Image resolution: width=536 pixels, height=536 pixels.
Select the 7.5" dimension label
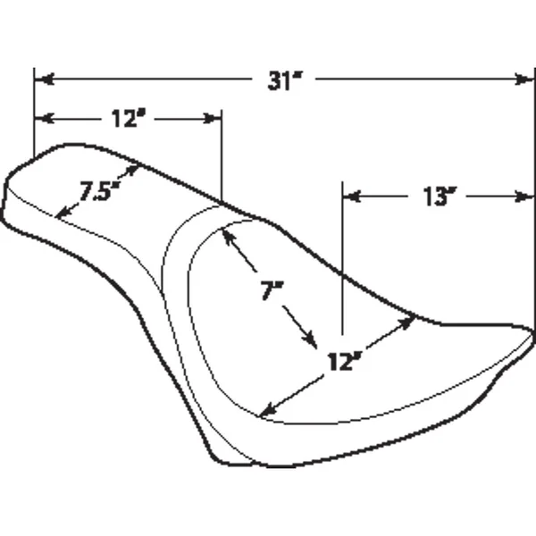[98, 190]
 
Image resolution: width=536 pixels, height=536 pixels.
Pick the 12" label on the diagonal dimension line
[344, 362]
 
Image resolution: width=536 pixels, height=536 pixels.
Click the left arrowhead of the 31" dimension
[41, 80]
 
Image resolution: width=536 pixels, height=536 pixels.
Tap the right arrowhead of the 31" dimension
[528, 80]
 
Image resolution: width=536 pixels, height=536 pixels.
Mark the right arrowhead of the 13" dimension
[528, 196]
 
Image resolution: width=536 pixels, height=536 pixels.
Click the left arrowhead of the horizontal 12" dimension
[41, 119]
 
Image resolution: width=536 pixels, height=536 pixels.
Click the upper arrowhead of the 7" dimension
[227, 234]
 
